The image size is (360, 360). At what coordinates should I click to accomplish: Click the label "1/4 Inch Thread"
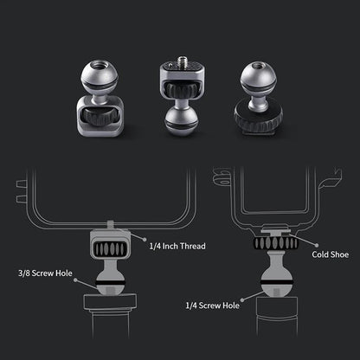(x=177, y=246)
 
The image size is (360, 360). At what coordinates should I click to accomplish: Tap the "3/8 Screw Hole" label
(x=45, y=273)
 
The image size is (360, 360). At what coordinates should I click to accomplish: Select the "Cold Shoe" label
(x=331, y=254)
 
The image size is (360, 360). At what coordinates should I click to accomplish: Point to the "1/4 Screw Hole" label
(x=213, y=305)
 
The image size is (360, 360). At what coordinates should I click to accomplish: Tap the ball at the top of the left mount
(x=100, y=75)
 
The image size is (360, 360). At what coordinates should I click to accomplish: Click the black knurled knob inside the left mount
(x=98, y=116)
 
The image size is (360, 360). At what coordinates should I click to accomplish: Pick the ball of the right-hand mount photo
(x=258, y=77)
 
